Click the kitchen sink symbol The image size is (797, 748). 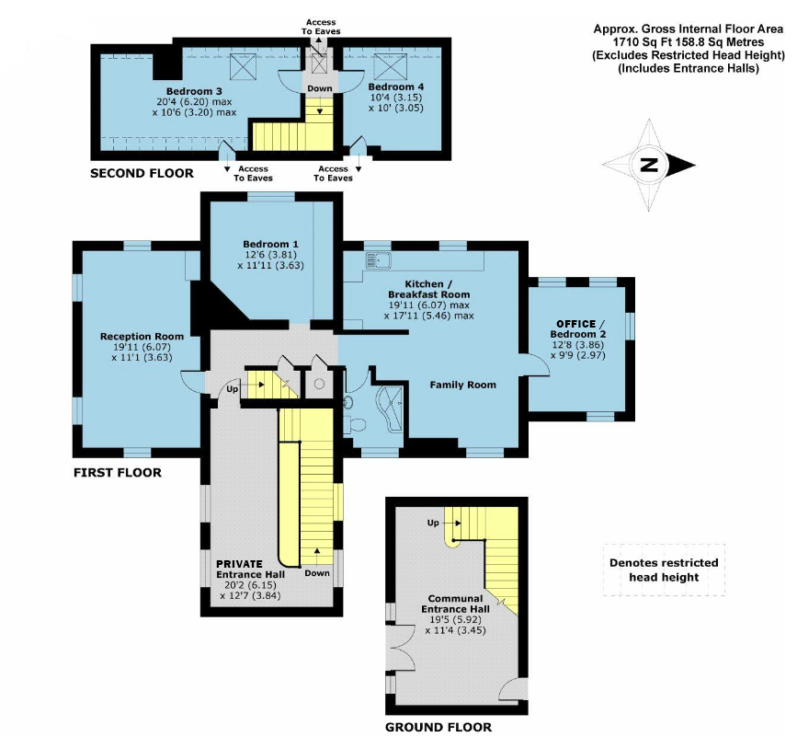377,259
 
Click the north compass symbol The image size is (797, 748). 651,166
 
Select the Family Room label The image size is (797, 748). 463,385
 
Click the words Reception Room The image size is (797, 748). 142,336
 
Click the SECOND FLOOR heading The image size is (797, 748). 142,173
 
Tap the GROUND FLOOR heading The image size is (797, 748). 438,727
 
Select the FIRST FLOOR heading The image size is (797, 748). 118,473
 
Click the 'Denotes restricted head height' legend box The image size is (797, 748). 664,570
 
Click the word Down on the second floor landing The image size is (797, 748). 320,89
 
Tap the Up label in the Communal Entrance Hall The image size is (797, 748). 433,523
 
